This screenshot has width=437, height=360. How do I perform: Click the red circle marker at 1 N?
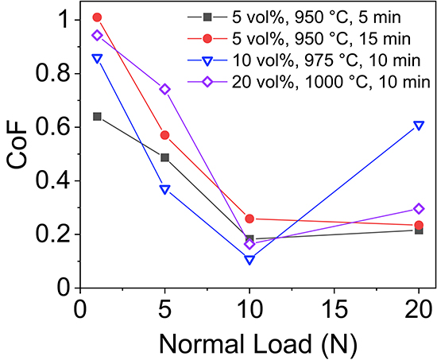[x=97, y=17]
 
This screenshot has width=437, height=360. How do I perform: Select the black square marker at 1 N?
[x=97, y=116]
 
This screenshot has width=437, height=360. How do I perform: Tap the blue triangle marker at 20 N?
[x=419, y=126]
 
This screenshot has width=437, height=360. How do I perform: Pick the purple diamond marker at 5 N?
[x=164, y=89]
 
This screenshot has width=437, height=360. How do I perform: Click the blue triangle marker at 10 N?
[x=249, y=260]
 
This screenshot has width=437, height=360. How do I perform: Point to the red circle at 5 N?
[x=164, y=135]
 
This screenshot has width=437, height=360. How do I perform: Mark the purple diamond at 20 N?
[x=419, y=209]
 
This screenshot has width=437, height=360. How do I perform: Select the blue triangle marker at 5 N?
[x=164, y=189]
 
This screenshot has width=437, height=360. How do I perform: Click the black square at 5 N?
[x=164, y=157]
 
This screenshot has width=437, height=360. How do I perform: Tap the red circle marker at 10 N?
[x=249, y=219]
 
